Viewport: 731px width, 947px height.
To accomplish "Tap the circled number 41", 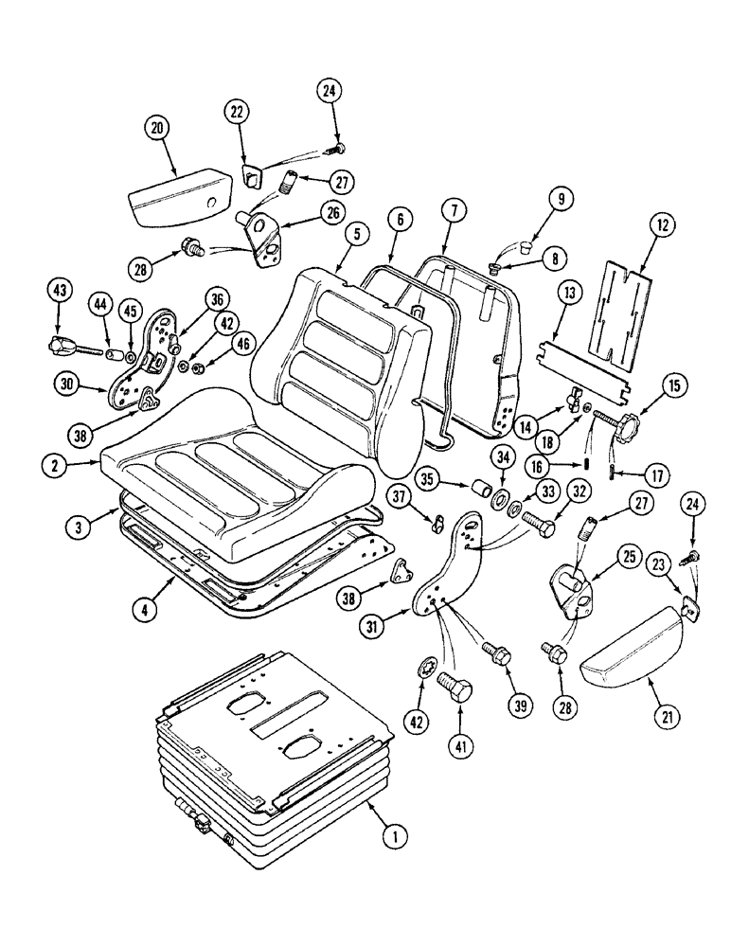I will pos(461,746).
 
